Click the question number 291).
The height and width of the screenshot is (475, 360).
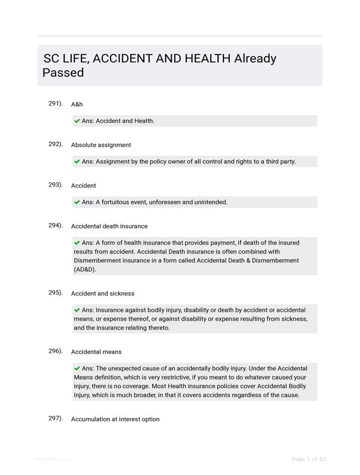click(55, 103)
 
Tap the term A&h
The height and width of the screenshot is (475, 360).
click(77, 104)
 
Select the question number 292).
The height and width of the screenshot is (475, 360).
click(55, 144)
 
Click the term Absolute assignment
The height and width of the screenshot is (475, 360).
click(101, 145)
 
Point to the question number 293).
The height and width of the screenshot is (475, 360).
click(55, 185)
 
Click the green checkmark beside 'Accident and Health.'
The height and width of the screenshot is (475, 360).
click(77, 121)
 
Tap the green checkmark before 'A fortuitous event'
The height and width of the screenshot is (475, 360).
click(77, 202)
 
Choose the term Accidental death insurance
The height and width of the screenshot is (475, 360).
click(109, 226)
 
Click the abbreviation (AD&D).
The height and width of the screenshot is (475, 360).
click(85, 269)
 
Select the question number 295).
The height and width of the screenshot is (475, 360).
click(55, 292)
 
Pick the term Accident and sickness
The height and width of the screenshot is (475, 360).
click(103, 293)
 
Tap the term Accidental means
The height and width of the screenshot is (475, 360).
click(96, 352)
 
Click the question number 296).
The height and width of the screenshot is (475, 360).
click(55, 351)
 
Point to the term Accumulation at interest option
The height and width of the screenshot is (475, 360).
click(115, 419)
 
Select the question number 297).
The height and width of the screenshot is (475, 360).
click(55, 418)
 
